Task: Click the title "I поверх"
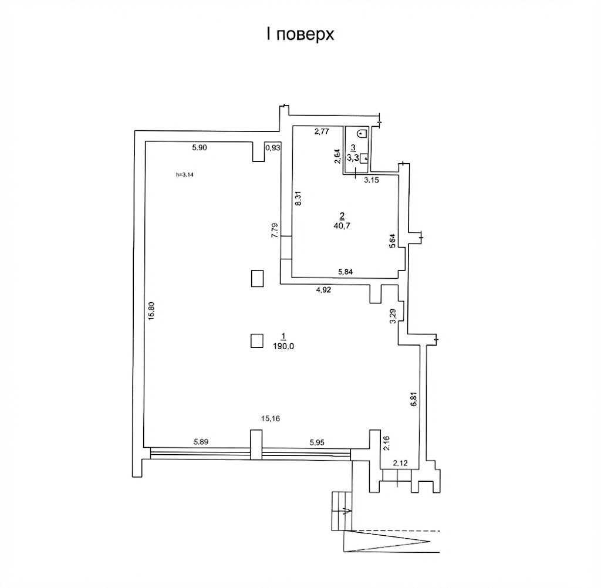[300, 35]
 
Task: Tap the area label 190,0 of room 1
[283, 346]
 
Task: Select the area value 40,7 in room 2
[342, 226]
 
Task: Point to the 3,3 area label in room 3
[353, 157]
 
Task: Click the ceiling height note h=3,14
[185, 175]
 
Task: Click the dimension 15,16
[270, 418]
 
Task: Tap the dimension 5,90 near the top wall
[200, 147]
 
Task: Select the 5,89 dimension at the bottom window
[201, 442]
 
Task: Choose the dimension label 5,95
[316, 442]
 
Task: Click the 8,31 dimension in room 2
[299, 198]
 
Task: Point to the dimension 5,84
[345, 272]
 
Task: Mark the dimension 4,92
[323, 290]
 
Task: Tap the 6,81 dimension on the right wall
[413, 399]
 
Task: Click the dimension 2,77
[322, 132]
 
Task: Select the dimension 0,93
[273, 147]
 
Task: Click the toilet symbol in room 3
[362, 134]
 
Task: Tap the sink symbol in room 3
[364, 158]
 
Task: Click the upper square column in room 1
[257, 278]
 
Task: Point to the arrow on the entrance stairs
[347, 510]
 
